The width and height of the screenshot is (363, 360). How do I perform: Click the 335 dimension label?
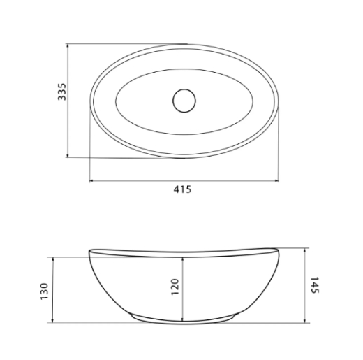62,92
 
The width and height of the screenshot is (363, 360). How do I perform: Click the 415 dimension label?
182,189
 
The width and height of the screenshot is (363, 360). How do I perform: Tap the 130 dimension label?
44,291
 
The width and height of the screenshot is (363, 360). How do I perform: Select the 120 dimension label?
175,287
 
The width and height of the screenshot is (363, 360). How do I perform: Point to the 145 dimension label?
315,285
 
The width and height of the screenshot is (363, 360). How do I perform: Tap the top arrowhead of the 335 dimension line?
68,45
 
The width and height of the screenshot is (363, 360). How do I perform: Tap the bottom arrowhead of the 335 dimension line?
68,155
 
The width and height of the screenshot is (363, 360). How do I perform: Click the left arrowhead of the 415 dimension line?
91,180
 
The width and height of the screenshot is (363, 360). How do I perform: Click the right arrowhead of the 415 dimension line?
276,180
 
